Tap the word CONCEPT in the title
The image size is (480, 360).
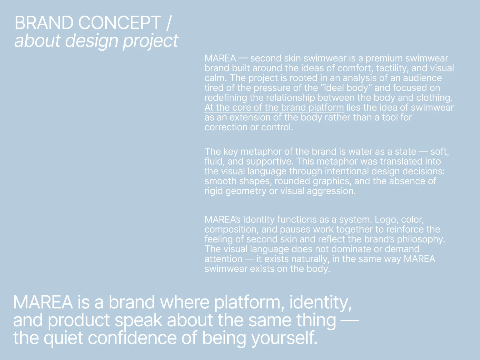point(119,23)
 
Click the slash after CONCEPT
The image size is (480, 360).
point(169,23)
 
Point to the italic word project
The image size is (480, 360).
point(150,41)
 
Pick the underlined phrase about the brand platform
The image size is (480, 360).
point(274,107)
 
